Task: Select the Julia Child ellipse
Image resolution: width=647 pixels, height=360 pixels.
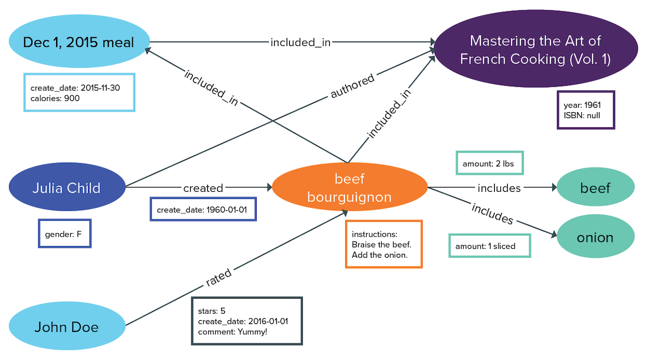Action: point(66,188)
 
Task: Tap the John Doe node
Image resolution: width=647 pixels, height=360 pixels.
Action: point(66,327)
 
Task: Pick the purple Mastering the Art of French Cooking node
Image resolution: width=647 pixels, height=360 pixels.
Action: point(534,50)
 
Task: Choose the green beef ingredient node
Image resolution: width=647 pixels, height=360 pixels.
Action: point(595,188)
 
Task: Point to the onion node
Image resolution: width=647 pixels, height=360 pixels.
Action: point(595,238)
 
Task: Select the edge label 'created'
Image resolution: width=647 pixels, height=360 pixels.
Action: point(203,188)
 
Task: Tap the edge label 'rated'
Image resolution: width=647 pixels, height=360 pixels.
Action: point(218,278)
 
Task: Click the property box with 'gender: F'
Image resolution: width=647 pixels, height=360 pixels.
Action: point(65,233)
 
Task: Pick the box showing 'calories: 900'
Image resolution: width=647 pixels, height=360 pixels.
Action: point(79,92)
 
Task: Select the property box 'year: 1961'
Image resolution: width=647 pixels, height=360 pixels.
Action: point(586,110)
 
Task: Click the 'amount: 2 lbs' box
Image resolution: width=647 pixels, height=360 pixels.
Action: point(489,163)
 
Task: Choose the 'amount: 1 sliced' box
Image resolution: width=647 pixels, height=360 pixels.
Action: point(489,246)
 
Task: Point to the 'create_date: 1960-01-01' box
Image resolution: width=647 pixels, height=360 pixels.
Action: point(202,210)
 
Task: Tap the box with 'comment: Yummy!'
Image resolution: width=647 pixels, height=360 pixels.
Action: point(246,321)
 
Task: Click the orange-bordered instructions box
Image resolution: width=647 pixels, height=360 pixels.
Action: point(383,244)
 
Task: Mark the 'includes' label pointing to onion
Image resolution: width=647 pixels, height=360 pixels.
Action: point(492,213)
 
